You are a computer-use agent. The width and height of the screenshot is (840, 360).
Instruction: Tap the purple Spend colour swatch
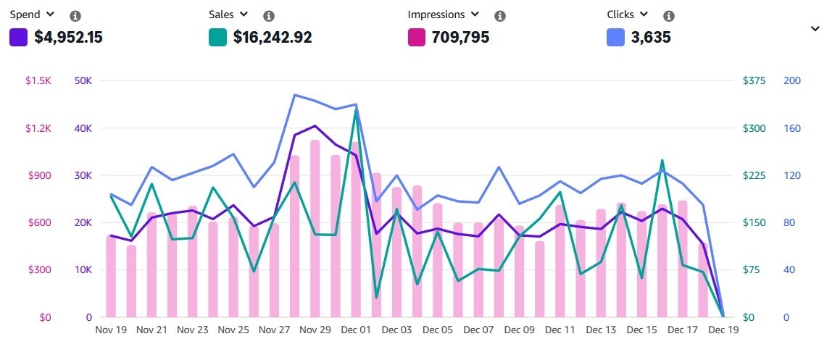pos(18,37)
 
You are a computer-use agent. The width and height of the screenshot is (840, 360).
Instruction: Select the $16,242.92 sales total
pos(273,37)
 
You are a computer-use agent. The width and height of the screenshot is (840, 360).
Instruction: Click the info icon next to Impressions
pos(499,16)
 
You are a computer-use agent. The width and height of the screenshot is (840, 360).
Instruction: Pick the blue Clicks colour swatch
pos(615,37)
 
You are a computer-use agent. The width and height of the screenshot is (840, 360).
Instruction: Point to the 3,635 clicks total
pos(651,37)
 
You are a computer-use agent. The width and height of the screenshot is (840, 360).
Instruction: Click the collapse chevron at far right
pos(815,29)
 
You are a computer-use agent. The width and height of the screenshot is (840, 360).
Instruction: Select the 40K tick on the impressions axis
pos(83,128)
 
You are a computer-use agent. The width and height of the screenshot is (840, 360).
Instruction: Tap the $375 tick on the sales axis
pos(754,80)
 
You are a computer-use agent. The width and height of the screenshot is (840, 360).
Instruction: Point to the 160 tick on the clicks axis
pos(792,128)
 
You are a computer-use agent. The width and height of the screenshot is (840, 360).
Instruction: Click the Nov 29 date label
pos(315,330)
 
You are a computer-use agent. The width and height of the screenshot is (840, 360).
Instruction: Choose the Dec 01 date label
pos(356,330)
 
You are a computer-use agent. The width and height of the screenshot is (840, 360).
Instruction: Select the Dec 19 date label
pos(723,330)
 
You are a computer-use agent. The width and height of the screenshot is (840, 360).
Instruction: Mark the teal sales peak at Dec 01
pos(356,110)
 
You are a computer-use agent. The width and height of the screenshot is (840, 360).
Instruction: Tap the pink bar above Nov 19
pos(111,275)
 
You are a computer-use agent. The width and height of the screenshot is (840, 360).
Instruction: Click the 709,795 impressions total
pos(460,37)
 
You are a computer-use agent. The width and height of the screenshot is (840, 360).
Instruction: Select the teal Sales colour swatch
pos(217,37)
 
